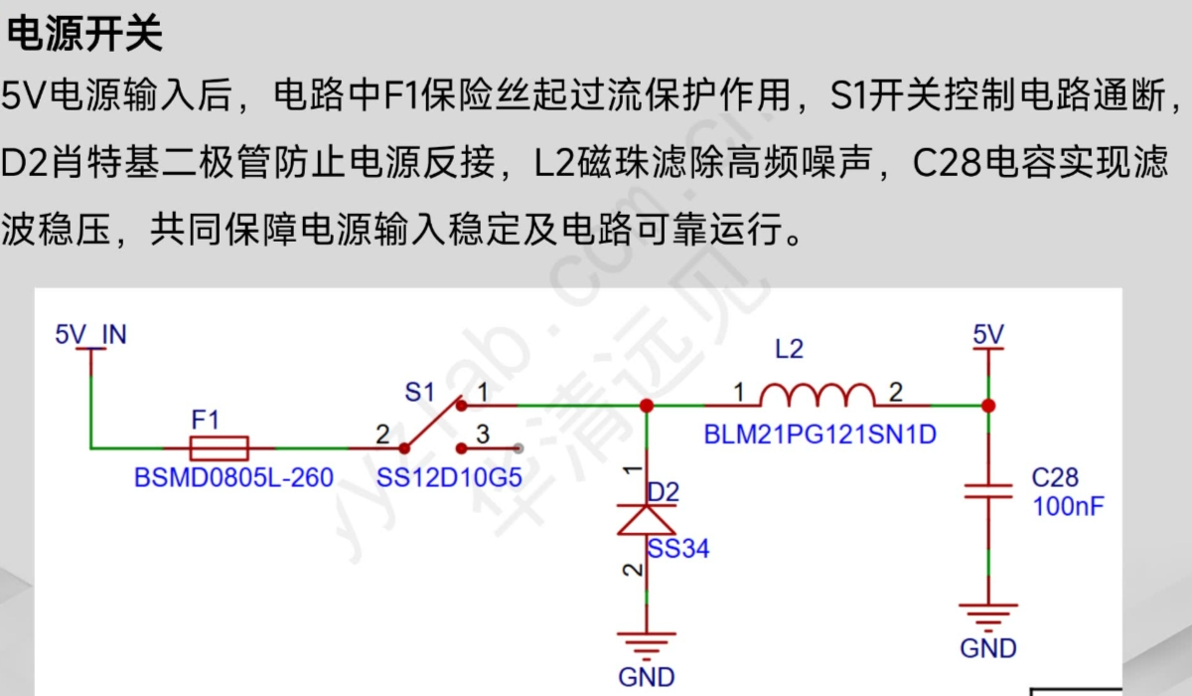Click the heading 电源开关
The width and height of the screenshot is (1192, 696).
tap(83, 36)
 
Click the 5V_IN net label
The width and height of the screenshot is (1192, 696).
tap(90, 334)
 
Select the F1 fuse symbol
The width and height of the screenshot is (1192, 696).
tap(218, 447)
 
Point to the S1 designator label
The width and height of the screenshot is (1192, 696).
tap(419, 393)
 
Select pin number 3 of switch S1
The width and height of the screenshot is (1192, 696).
tap(483, 435)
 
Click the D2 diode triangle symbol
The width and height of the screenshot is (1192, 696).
tap(646, 520)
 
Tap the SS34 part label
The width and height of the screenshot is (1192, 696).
tap(678, 548)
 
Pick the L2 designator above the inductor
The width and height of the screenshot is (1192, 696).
tap(789, 349)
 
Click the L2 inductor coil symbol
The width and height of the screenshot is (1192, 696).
tap(817, 396)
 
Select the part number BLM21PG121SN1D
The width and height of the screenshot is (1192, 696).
tap(819, 435)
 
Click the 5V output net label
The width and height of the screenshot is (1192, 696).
tap(988, 334)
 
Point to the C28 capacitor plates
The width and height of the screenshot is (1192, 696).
tap(988, 492)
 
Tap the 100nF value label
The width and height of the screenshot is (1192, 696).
tap(1068, 506)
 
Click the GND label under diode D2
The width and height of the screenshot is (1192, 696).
tap(647, 677)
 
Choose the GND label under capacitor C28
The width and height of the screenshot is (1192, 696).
tap(988, 648)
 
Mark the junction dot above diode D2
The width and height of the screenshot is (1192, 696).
tap(647, 406)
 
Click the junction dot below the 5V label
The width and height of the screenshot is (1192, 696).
tap(988, 406)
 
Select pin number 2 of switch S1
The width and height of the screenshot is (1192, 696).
tap(382, 435)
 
